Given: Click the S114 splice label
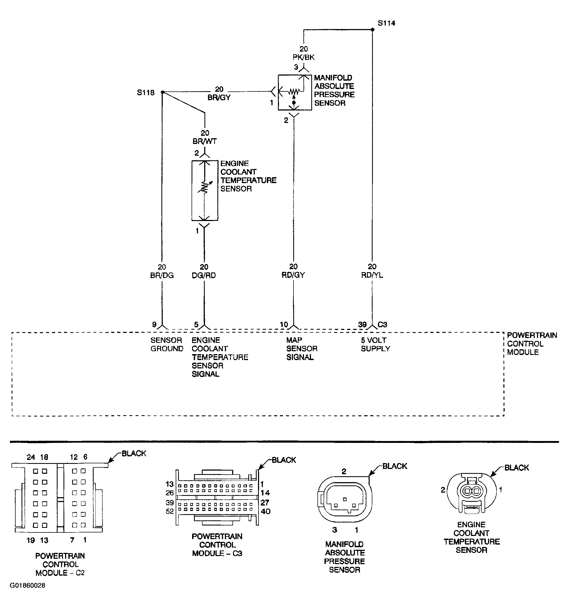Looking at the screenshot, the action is pos(386,23).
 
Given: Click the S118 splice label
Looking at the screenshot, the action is pos(146,92).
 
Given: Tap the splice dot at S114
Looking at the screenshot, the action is pos(372,30).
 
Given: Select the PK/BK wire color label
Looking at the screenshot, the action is pos(303,57).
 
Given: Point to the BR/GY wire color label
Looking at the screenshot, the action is pos(219,98).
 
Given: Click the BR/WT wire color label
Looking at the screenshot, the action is pos(205,141).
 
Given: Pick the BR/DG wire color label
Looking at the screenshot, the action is pos(162,275).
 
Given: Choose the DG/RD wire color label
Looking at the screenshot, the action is pos(204,275).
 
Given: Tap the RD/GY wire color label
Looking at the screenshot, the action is pos(293,275).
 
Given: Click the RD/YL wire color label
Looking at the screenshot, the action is pos(372,275).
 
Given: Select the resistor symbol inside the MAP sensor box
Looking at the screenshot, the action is pos(294,91).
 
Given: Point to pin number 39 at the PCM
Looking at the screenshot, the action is pos(362,324).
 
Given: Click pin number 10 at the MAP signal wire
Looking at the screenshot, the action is pos(284,324).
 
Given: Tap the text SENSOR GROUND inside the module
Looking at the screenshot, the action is pos(167,344).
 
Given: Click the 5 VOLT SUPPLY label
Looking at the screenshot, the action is pos(375,344).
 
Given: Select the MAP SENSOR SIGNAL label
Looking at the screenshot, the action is pos(302,349).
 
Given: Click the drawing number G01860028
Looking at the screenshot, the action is pos(27,585).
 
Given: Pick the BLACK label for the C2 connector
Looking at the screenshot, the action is pos(134,453).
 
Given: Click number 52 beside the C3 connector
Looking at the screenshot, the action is pos(170,511).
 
